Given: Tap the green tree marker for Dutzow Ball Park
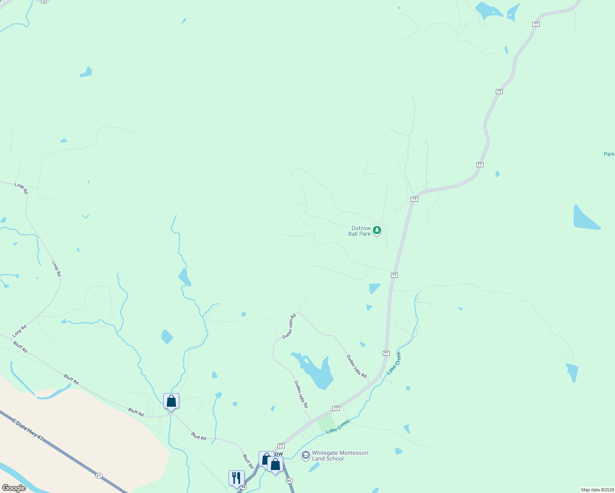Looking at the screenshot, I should pos(377,230).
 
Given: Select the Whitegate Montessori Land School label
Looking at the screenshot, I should pos(340,456).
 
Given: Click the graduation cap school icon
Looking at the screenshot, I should pos(305,455).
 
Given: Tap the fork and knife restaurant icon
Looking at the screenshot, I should pos(236,478).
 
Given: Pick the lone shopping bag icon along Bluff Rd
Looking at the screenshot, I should pos(171,401).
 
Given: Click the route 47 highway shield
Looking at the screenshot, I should pos(99,476).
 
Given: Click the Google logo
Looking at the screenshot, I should pos(14,488).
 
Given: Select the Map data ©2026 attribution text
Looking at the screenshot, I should pos(597,490).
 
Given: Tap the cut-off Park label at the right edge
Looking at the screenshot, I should pos(609,154).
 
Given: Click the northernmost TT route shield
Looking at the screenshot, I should pos(536,24).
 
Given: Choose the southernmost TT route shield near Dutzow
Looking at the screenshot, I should pos(281,446).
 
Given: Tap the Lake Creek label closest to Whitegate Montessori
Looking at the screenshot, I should pos(338,426).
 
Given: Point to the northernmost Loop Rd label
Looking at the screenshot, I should pos(22,188).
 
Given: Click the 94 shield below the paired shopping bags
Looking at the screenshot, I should pos(289,481).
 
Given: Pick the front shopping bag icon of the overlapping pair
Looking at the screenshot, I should pos(275,465).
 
